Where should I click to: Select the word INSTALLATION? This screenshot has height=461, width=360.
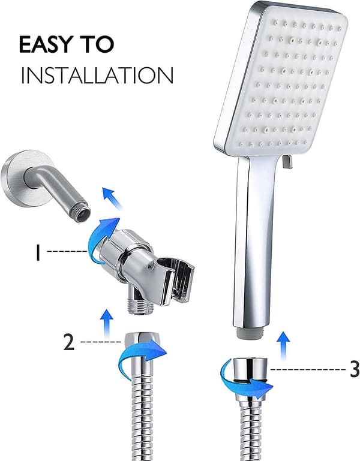97,76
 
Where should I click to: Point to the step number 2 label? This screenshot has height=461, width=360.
69,342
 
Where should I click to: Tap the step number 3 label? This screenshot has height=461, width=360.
355,369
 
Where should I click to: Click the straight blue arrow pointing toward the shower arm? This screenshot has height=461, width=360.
112,198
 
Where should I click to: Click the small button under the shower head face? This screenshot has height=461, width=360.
287,162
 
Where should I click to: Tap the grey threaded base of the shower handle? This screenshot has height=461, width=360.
250,333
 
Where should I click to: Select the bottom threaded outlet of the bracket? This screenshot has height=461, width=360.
140,306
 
